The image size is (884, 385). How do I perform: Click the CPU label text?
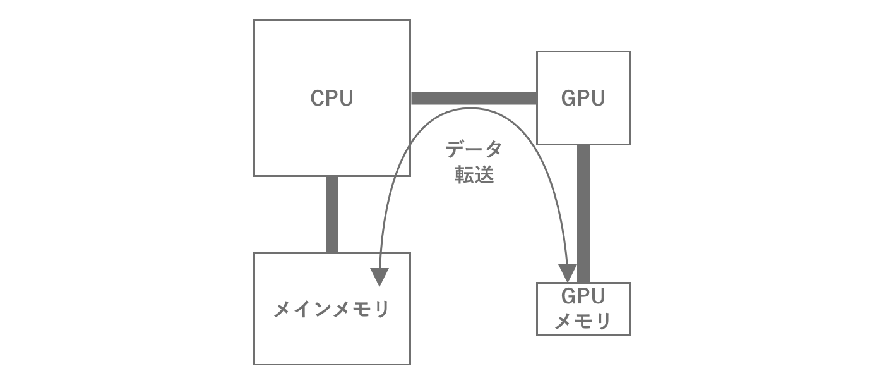click(331, 98)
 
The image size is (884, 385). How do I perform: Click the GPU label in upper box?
click(583, 98)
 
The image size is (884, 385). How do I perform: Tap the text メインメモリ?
click(331, 310)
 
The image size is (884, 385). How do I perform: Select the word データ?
click(474, 150)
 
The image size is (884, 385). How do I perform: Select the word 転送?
click(474, 175)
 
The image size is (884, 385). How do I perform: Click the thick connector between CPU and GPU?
click(474, 98)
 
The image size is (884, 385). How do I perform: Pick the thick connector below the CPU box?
click(332, 214)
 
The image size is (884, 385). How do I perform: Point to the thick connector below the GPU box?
click(583, 213)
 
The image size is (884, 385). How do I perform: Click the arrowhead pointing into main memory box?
click(379, 276)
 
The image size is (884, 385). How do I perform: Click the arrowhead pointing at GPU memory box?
click(568, 274)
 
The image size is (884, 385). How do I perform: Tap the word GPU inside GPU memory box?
click(583, 296)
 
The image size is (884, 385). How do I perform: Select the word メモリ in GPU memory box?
click(583, 321)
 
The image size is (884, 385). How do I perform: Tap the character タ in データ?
click(493, 150)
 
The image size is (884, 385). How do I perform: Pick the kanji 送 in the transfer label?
click(484, 175)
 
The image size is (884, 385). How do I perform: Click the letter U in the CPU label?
click(345, 98)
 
